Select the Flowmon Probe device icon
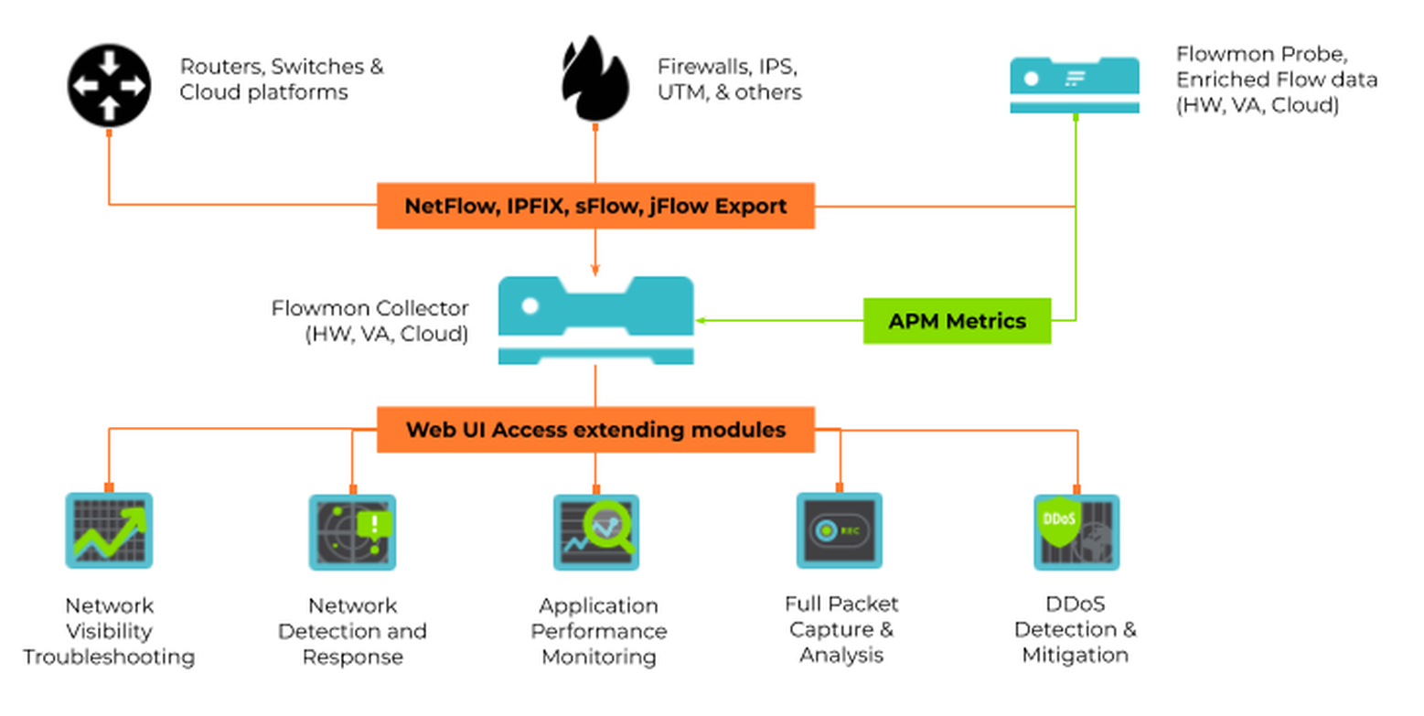click(1074, 85)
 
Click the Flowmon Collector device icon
click(595, 320)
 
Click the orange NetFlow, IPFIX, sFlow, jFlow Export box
click(595, 206)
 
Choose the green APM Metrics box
click(957, 321)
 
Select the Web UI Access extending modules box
click(595, 430)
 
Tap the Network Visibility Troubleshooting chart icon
click(109, 531)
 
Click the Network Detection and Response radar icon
click(352, 532)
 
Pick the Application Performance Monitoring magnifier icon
click(596, 532)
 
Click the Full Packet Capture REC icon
click(839, 531)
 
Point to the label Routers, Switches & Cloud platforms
click(281, 80)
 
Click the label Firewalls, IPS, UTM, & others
click(729, 80)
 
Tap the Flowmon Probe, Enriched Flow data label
click(1276, 80)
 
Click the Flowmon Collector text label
click(369, 321)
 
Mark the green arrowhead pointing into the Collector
click(701, 321)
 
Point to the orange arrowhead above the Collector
click(595, 270)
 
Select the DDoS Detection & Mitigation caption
click(1076, 629)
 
